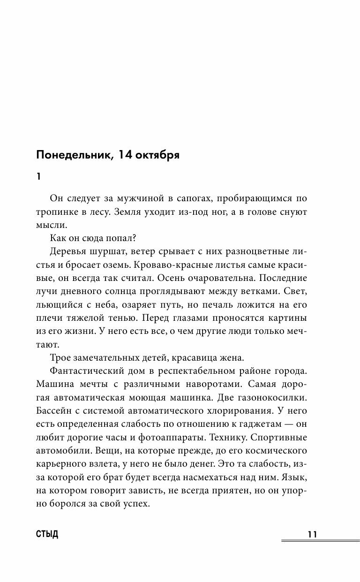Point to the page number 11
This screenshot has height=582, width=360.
click(313, 535)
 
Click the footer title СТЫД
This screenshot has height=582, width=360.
click(47, 535)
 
